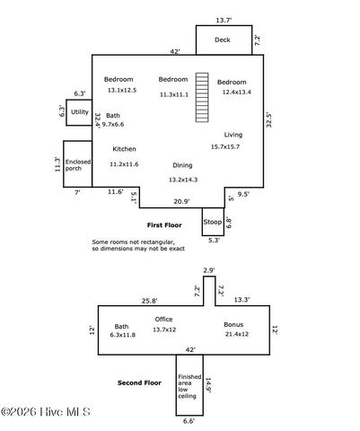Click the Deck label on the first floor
(224, 40)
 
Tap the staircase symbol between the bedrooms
(203, 97)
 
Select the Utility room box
(80, 112)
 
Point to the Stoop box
(213, 222)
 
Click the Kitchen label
(124, 149)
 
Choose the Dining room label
(182, 165)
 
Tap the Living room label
(233, 134)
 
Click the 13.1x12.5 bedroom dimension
(121, 91)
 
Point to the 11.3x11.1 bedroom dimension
(173, 94)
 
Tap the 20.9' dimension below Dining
(181, 200)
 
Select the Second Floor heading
(140, 383)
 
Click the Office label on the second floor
(163, 319)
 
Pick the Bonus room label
(233, 325)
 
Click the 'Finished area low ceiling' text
(189, 391)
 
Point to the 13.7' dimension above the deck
(224, 19)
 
